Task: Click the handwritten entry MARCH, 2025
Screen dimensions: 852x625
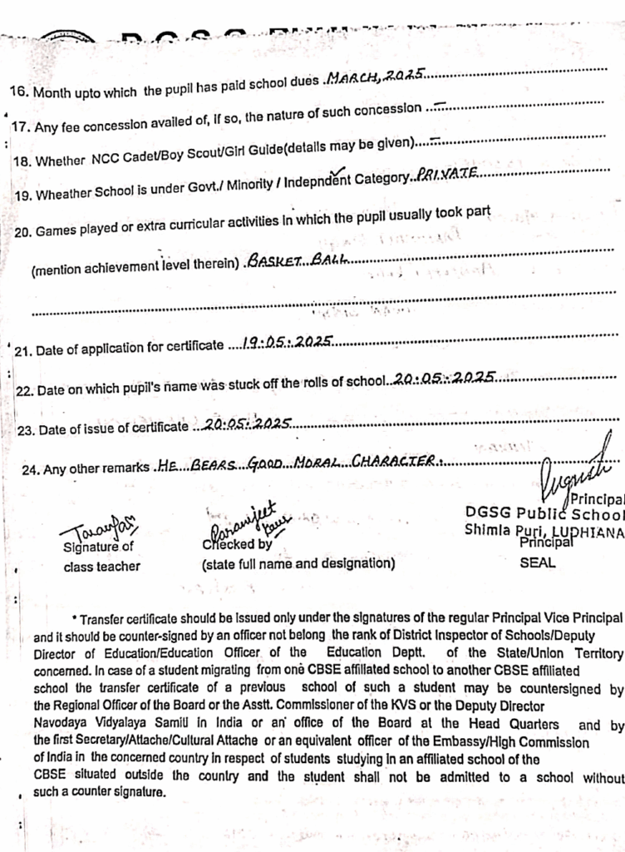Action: (x=376, y=77)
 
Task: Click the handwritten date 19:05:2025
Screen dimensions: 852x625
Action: (x=283, y=342)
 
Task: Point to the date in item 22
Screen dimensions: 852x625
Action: (x=445, y=379)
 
